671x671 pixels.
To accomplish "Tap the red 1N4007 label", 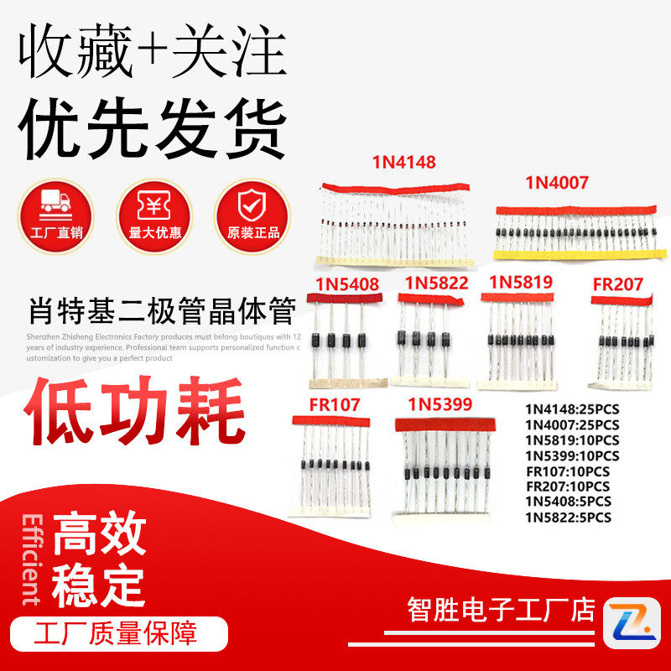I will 557,182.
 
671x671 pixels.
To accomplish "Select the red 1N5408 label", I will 347,283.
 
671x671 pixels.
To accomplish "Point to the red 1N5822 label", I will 436,283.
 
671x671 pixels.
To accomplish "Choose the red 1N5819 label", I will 521,282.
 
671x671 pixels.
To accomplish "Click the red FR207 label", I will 617,284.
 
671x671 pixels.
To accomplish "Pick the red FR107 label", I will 334,405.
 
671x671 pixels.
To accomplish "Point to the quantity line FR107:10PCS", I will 567,471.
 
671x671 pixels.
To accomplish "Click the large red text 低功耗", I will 134,412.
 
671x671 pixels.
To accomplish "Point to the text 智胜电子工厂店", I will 501,610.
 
